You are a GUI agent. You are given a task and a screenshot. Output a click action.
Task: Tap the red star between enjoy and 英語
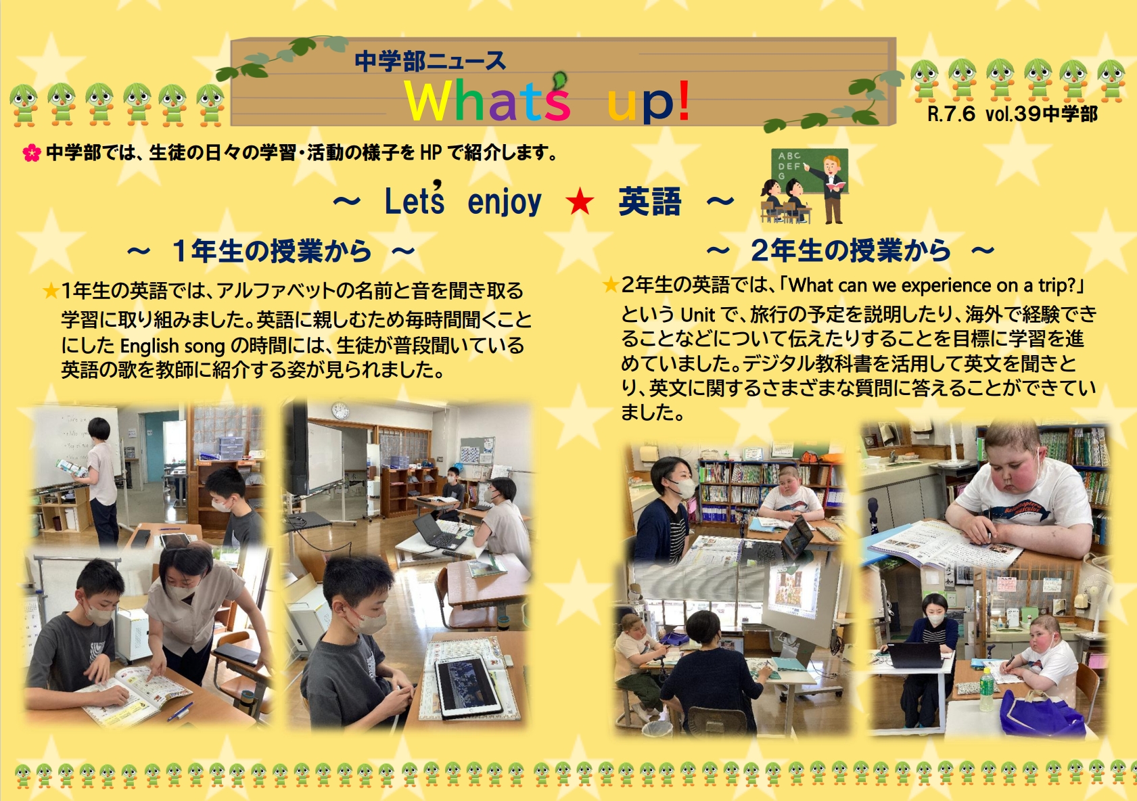[580, 201]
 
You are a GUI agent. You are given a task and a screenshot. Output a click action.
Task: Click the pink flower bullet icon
[32, 152]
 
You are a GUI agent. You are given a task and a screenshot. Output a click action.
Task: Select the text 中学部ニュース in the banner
[430, 61]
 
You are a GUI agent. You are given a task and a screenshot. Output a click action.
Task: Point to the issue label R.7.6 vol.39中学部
[1012, 114]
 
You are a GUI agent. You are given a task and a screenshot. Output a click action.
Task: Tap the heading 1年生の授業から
[271, 251]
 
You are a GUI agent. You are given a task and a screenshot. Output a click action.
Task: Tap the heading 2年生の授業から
[850, 250]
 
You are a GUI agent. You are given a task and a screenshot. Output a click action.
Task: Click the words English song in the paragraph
[172, 346]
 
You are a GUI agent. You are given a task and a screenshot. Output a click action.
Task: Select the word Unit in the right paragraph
[698, 315]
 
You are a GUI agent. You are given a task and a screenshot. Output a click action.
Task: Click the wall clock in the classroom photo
[340, 411]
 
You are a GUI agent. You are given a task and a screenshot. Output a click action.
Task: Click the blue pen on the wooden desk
[180, 711]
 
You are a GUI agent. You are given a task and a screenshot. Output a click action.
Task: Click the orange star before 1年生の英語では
[51, 291]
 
